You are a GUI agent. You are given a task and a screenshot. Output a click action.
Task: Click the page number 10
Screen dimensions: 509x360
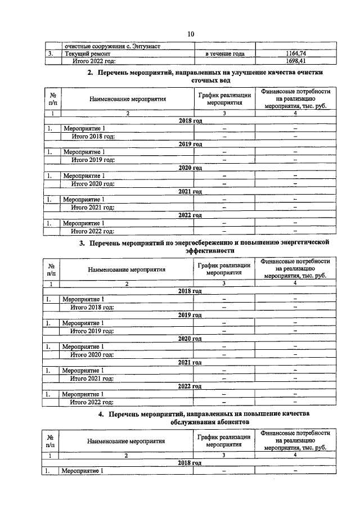coord(191,34)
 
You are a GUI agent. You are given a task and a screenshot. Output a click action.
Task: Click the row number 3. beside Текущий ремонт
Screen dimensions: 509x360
coord(50,53)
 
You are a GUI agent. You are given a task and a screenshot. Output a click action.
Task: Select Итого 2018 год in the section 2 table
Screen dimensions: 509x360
coord(93,136)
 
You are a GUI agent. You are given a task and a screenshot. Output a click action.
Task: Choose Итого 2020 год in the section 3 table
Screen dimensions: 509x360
coord(92,354)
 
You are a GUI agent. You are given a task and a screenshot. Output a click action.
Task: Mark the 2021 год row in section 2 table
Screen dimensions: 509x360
coord(190,192)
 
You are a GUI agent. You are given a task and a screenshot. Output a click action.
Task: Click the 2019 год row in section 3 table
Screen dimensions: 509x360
coord(190,315)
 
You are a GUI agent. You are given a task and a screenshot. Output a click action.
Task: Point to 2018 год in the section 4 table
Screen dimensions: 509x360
coord(190,462)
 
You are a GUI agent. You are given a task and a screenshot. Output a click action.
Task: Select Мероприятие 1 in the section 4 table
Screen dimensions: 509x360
coord(83,470)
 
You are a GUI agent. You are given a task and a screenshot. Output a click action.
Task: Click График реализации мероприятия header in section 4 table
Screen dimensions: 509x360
coord(223,441)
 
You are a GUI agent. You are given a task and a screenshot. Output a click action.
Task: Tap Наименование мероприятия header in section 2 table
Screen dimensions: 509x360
coord(128,99)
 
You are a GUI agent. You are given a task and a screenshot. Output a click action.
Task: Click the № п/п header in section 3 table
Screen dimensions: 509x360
coord(51,269)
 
